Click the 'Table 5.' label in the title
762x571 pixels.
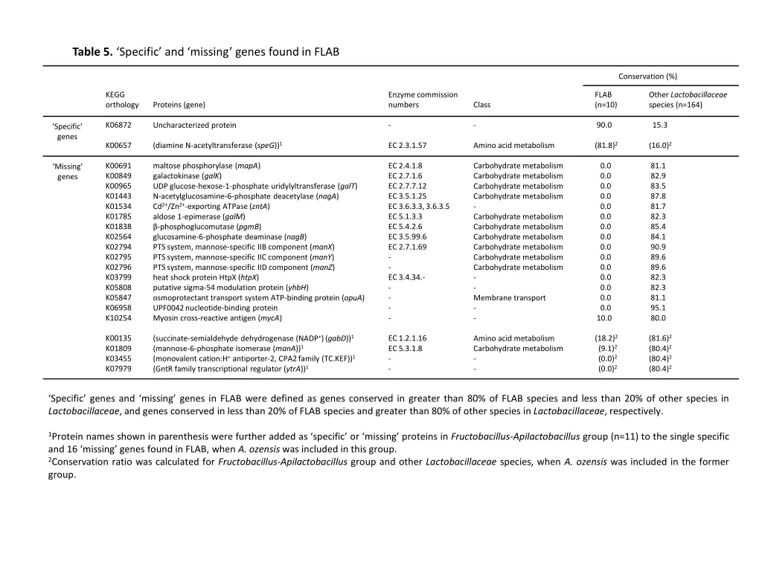[x=92, y=52]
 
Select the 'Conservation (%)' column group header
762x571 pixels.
[x=647, y=76]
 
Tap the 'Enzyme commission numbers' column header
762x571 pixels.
[x=423, y=100]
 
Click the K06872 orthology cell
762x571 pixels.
[x=118, y=125]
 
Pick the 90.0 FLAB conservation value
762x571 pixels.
[x=604, y=125]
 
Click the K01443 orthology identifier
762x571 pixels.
[x=118, y=196]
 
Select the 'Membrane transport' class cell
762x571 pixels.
[x=509, y=297]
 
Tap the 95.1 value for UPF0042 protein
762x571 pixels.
[x=658, y=307]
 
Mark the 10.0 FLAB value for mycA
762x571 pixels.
[x=605, y=317]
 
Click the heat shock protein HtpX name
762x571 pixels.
[x=205, y=277]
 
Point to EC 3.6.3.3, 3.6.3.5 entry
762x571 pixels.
[x=419, y=207]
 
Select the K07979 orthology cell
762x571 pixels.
[x=118, y=368]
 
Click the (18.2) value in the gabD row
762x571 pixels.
[x=605, y=338]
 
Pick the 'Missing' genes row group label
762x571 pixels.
[x=67, y=171]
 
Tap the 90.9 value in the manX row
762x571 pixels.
[x=658, y=247]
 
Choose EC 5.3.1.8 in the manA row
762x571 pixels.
[x=406, y=348]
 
